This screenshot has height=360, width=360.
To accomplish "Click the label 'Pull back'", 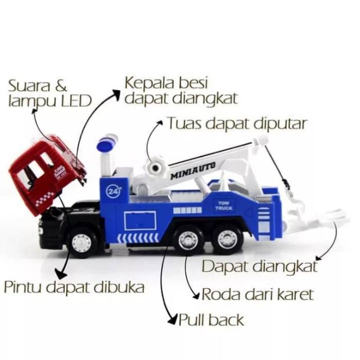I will (x=211, y=321).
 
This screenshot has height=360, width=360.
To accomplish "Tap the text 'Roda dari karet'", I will (x=257, y=294).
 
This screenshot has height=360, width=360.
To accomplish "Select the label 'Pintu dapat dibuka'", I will (x=74, y=287).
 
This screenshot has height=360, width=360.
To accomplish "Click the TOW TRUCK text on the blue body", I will (x=223, y=205).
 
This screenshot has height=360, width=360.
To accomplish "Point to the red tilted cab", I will (x=45, y=172).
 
